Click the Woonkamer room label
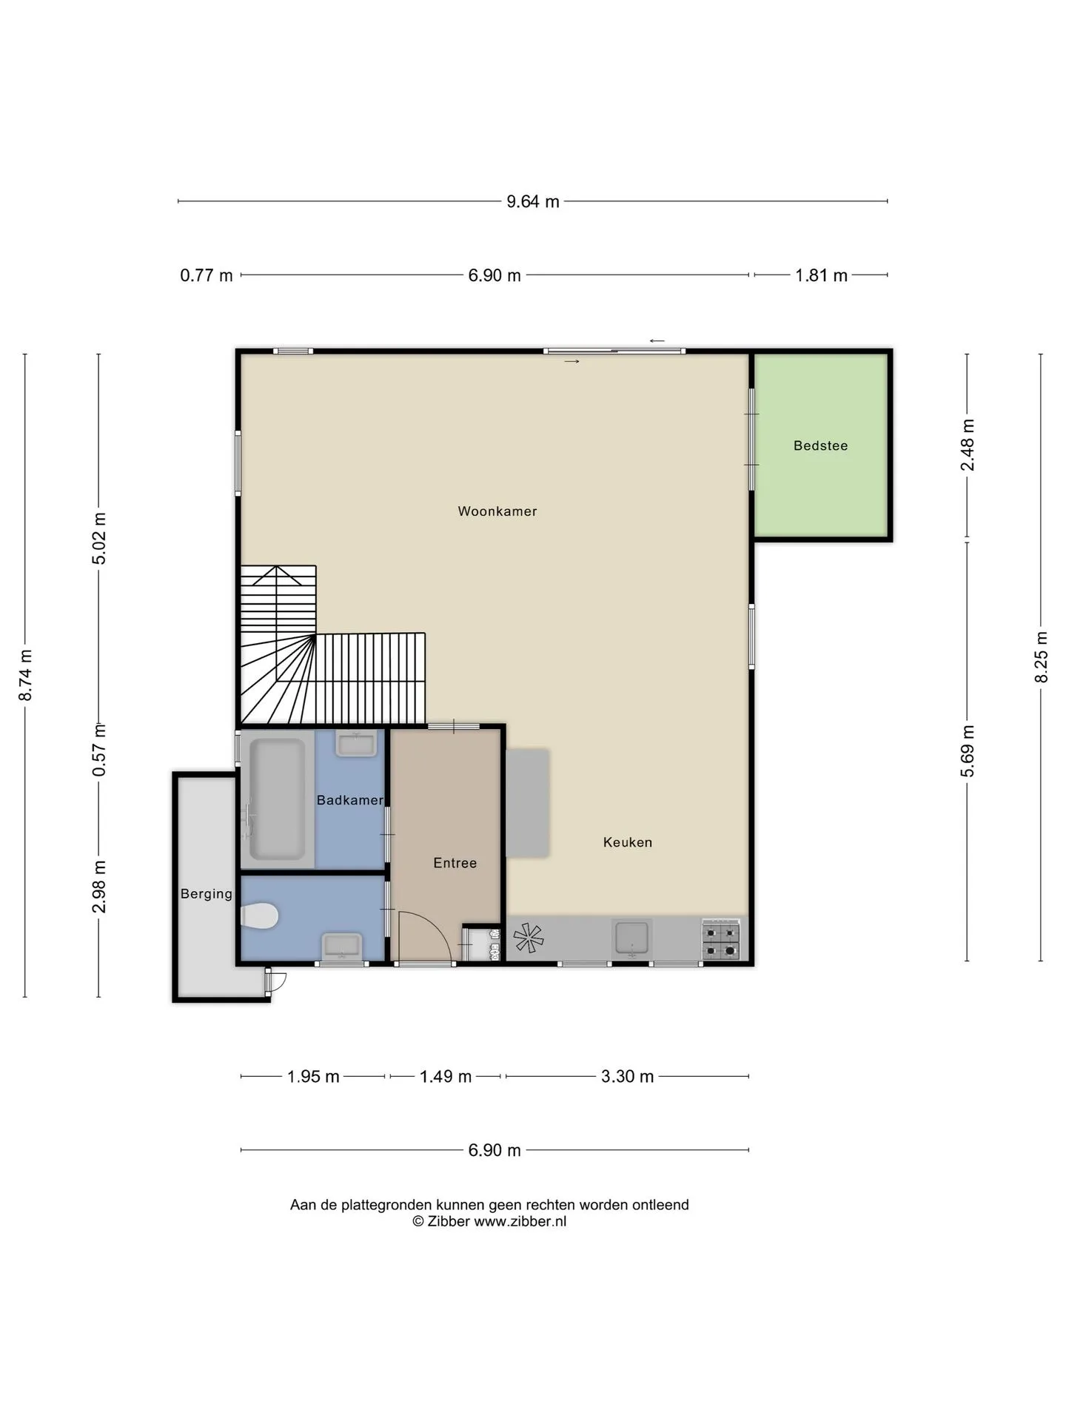(x=497, y=511)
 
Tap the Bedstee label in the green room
(x=820, y=446)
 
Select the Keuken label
(x=627, y=842)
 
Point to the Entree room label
(x=455, y=863)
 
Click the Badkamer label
(x=349, y=800)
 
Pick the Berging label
(x=206, y=894)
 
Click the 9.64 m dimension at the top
(x=533, y=201)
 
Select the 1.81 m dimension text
(x=821, y=276)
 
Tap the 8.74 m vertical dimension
(x=25, y=675)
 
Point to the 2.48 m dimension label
(x=967, y=445)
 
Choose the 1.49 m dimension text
(x=446, y=1077)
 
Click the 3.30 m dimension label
(x=627, y=1077)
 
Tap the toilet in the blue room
(x=259, y=916)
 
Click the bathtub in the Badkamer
(x=277, y=799)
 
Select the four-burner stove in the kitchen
(x=720, y=940)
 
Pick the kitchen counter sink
(x=632, y=938)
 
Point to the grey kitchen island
(x=527, y=804)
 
